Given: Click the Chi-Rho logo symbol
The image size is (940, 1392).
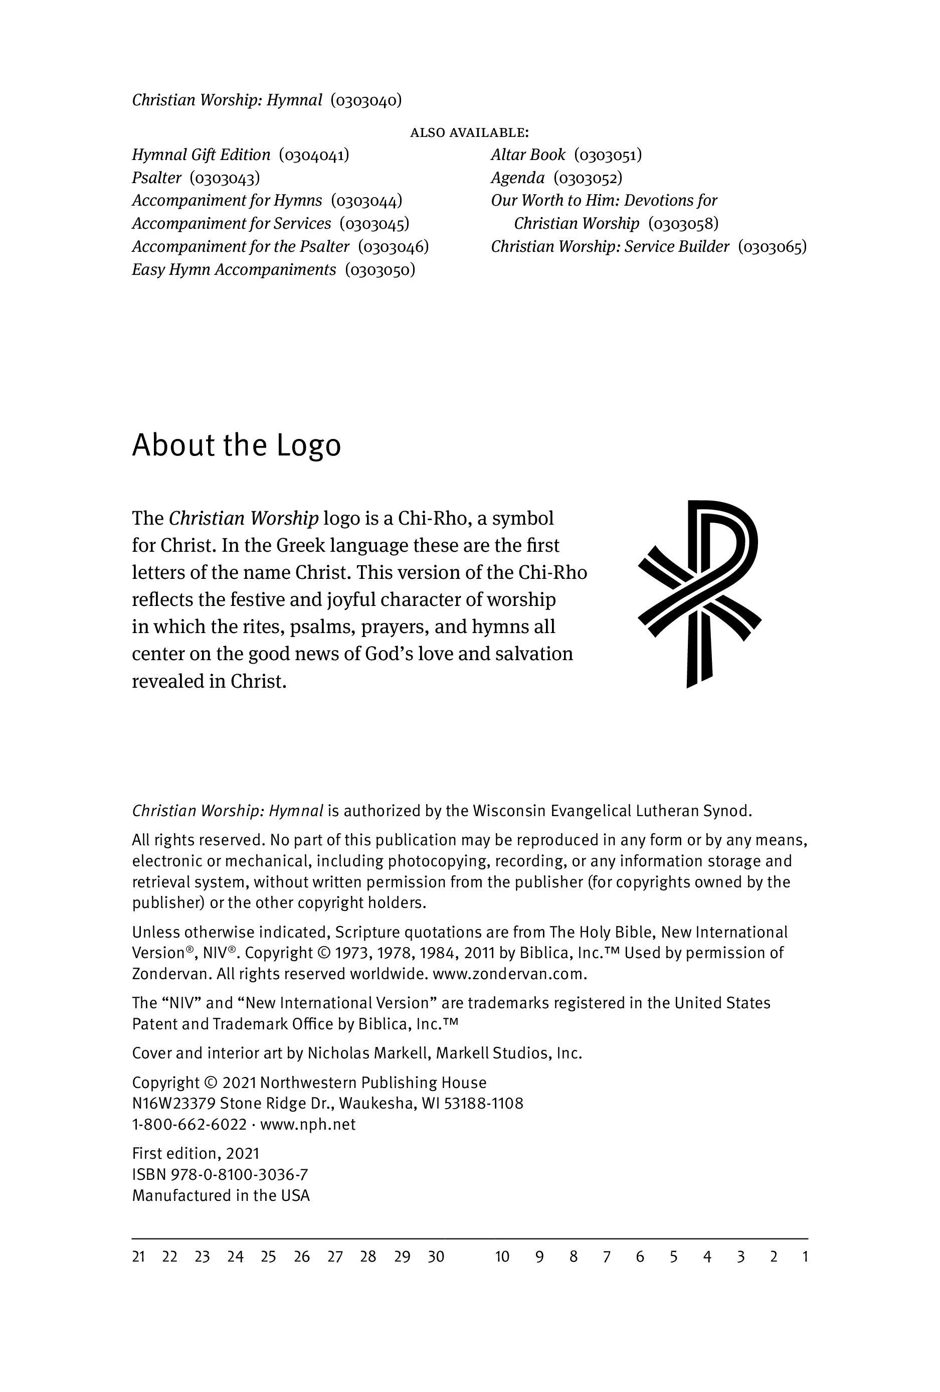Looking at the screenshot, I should [699, 593].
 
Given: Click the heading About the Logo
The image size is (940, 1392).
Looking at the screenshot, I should [236, 445].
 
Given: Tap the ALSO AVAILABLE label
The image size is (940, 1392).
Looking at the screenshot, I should [469, 132].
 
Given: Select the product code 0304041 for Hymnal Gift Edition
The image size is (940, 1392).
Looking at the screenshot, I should [314, 155].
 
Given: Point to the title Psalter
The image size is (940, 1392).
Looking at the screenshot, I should [156, 178].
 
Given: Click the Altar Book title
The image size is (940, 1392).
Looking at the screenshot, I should [527, 155].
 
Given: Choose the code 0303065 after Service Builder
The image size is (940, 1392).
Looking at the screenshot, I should [773, 247].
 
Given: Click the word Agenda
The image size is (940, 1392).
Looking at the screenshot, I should [517, 178].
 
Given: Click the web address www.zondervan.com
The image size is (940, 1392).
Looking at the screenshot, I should [508, 974].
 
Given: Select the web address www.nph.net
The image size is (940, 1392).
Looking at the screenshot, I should [308, 1124].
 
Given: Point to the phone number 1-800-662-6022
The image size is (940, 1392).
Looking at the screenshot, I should [189, 1124].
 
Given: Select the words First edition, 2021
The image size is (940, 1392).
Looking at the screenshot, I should [195, 1154].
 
